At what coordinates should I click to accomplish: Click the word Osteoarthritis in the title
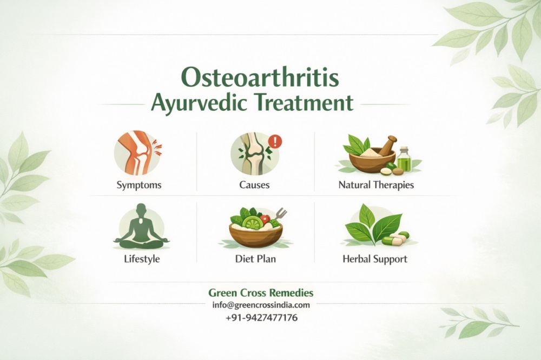click(261, 77)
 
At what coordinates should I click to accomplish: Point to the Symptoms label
click(139, 185)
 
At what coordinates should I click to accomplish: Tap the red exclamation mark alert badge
click(275, 142)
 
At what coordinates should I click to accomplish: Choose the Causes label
click(254, 185)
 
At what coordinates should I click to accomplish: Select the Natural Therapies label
click(376, 185)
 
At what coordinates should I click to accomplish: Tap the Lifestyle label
click(142, 259)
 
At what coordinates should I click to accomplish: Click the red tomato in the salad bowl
click(265, 219)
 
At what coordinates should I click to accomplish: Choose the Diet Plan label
click(255, 259)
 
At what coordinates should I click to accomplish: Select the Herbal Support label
click(375, 259)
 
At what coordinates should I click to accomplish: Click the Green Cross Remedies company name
click(261, 292)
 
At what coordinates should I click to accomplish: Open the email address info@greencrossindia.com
click(261, 305)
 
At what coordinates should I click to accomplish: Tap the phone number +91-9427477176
click(261, 318)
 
